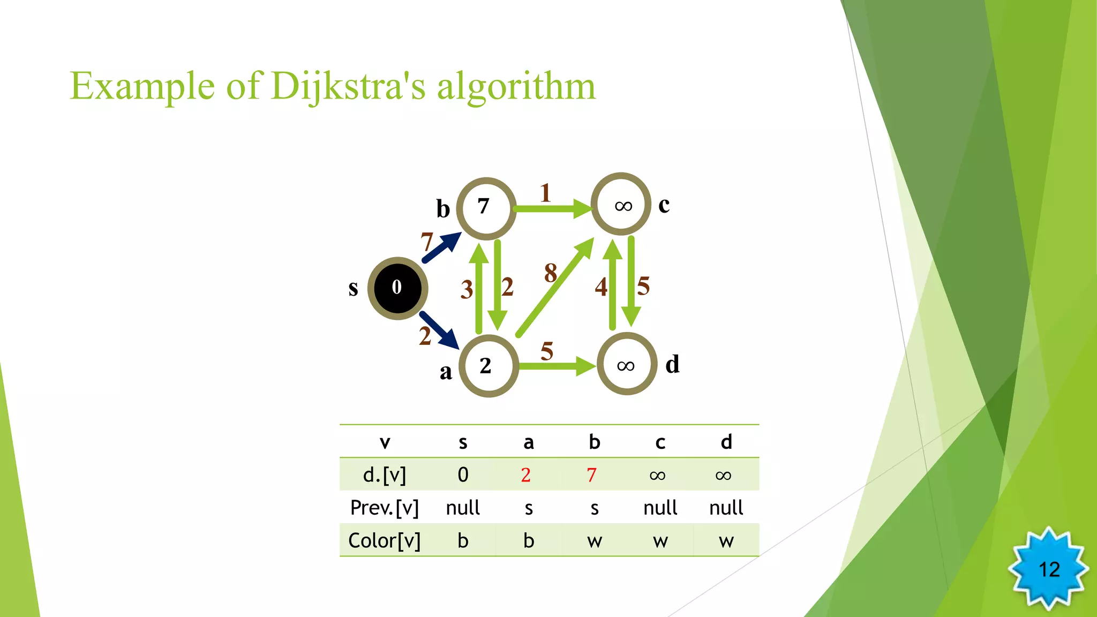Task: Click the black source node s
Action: coord(397,288)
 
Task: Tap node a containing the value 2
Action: coord(488,366)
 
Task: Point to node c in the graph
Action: coord(621,204)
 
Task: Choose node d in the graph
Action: coord(626,364)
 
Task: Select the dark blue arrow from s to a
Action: coord(439,329)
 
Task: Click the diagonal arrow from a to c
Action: coord(555,288)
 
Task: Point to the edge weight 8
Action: coord(550,273)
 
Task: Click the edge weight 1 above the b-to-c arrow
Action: coord(545,193)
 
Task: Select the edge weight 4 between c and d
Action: coord(601,287)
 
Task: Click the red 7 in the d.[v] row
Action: coord(591,475)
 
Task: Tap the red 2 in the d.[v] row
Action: coord(525,475)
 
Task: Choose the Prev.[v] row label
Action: coord(384,508)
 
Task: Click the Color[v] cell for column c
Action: coord(660,541)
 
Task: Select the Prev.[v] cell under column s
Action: coord(463,508)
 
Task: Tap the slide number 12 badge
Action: coord(1049,569)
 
